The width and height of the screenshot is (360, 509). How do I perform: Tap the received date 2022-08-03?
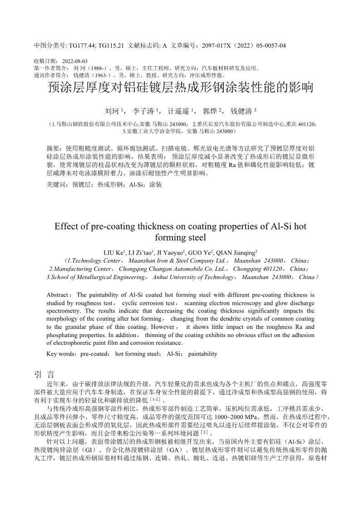(75, 61)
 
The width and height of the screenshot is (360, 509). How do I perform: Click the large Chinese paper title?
(180, 88)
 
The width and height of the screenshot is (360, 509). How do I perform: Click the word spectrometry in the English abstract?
(64, 311)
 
